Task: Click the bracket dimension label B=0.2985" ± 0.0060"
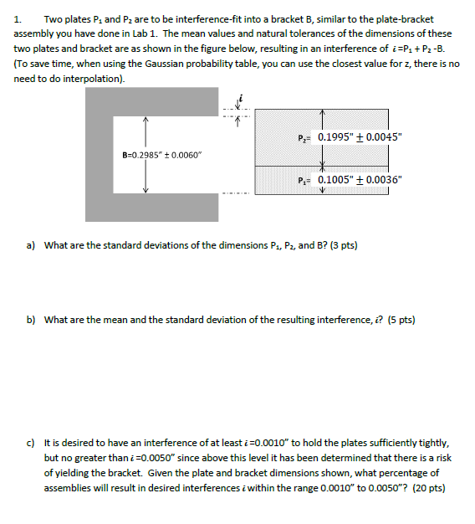pos(162,155)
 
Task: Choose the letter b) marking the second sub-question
pos(31,320)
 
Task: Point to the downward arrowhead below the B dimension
pos(146,191)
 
